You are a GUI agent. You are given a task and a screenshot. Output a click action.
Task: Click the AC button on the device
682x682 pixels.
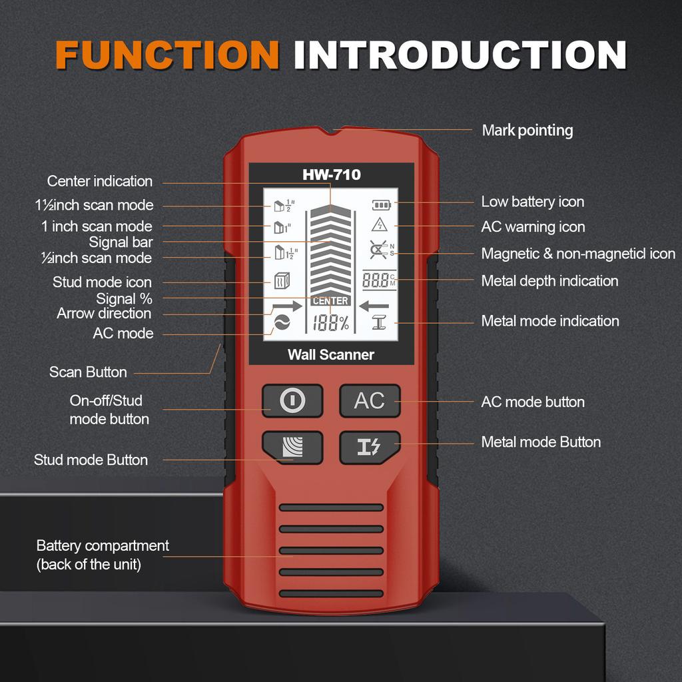pos(370,401)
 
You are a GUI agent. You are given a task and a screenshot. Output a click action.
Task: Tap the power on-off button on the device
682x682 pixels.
pos(292,401)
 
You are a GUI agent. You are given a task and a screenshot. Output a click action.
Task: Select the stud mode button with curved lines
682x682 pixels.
pos(292,448)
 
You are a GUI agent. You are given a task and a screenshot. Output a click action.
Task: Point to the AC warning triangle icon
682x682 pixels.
pos(380,224)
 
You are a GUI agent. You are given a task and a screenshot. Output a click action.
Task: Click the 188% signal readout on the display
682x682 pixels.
pos(331,324)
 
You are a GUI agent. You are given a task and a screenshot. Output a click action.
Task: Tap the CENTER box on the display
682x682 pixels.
pos(330,301)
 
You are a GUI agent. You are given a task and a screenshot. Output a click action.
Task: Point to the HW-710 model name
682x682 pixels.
pos(331,175)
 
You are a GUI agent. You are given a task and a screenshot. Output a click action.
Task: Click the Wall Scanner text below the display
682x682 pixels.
pos(331,355)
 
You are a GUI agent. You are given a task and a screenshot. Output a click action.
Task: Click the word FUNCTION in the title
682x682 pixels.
pos(167,55)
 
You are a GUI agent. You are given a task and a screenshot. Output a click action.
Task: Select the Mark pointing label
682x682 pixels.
pos(527,131)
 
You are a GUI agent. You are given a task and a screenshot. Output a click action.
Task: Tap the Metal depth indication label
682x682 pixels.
pos(549,281)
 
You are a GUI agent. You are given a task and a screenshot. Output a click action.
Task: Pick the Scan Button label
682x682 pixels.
pos(88,372)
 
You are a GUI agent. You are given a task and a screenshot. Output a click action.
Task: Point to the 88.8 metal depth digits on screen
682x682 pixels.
pos(376,280)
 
